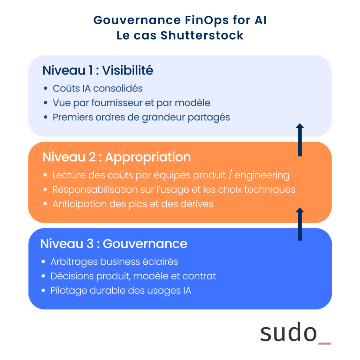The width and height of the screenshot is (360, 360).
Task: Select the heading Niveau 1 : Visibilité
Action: (x=98, y=70)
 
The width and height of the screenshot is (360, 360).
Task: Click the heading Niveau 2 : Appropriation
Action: (x=116, y=157)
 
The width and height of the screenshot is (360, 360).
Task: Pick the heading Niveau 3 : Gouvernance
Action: (x=114, y=243)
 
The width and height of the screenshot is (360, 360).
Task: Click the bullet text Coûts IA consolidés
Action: (x=97, y=88)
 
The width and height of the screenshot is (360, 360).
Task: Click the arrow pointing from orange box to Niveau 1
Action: (x=300, y=140)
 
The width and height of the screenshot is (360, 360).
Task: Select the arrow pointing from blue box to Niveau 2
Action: (x=300, y=224)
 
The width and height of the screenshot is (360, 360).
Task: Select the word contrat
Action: (x=199, y=276)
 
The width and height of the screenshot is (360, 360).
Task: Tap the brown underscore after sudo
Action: (x=324, y=343)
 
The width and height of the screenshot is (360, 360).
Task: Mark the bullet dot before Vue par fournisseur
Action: (x=46, y=103)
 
